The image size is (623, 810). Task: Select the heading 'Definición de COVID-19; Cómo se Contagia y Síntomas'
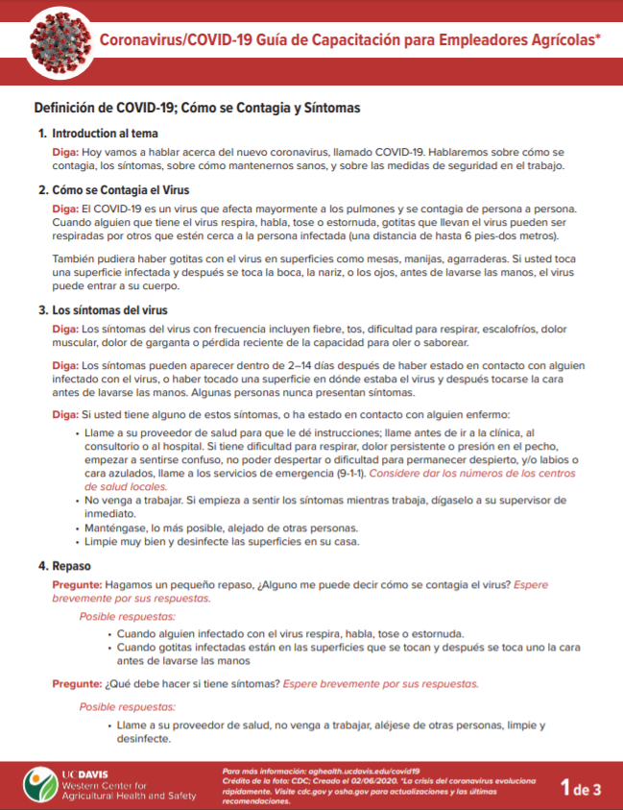(x=197, y=109)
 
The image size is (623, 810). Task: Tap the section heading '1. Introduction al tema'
(x=97, y=134)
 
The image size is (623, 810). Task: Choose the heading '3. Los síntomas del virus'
(x=103, y=310)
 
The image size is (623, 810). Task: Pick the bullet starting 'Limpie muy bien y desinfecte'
(x=222, y=541)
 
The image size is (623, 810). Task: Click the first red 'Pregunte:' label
(x=76, y=584)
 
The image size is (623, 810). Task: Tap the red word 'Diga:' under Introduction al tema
(x=65, y=153)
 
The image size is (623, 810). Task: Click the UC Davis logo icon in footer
(x=38, y=784)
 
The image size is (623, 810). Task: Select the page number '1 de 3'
(x=581, y=790)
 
